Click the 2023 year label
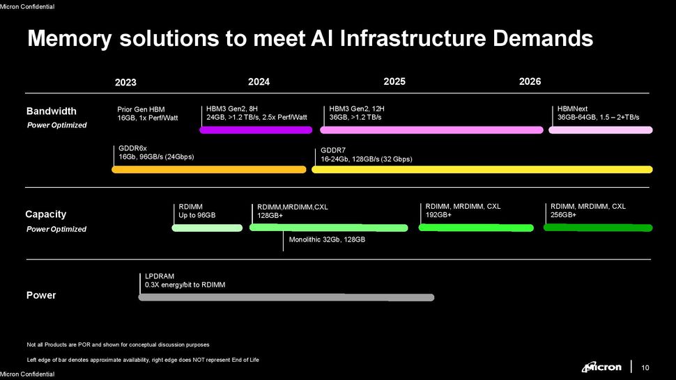(125, 83)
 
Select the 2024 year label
(259, 82)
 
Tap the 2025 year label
(394, 81)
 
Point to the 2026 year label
(530, 81)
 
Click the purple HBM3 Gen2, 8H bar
(256, 130)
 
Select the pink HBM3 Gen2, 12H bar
(431, 130)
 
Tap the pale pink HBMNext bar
(601, 130)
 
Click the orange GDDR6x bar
(208, 169)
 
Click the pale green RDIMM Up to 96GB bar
(207, 228)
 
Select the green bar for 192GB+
(475, 227)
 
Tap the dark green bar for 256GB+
(597, 227)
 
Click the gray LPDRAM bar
(286, 297)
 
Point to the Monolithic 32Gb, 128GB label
(327, 240)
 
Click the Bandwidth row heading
(52, 111)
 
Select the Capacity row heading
(46, 214)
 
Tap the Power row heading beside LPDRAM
(41, 295)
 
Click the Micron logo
(601, 367)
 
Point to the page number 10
(645, 367)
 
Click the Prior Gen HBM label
(141, 109)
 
